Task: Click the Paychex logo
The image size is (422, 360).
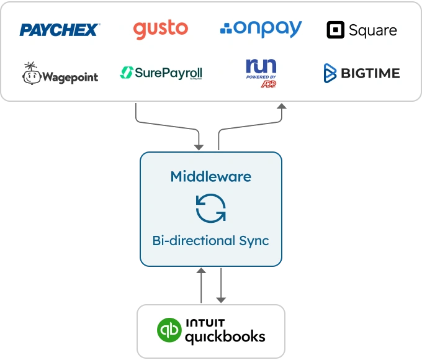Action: pos(59,29)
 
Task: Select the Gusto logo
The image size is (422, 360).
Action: pos(160,29)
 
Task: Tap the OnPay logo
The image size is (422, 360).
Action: pos(261,29)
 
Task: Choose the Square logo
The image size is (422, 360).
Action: pos(362,30)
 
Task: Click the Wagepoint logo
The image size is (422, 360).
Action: pos(60,74)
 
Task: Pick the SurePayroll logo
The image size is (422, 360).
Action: pos(161,74)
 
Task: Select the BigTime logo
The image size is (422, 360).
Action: pos(362,74)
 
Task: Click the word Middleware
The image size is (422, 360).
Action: pos(210,176)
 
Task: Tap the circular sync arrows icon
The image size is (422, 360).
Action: pos(210,208)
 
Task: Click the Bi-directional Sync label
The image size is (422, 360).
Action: pos(210,240)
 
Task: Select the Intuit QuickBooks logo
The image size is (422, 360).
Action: pos(211,332)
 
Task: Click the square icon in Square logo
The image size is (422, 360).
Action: pos(336,30)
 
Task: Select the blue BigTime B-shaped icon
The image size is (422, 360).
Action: pos(330,74)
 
